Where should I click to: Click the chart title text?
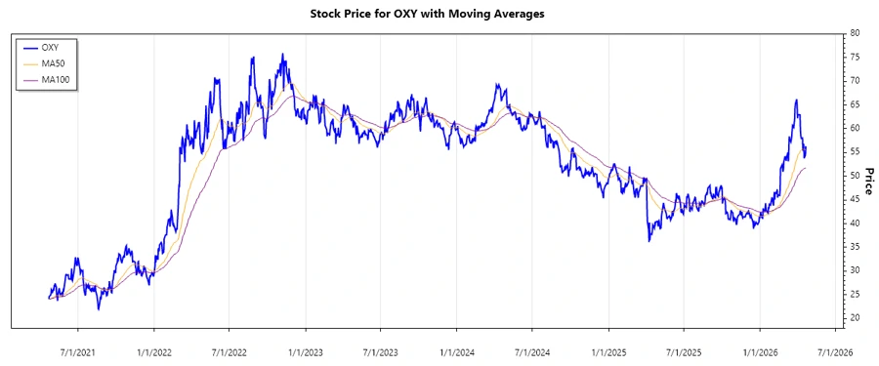coord(427,14)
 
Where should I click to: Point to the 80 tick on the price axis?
coord(855,33)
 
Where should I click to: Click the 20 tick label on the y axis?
coord(855,318)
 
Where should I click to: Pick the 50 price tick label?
coord(855,176)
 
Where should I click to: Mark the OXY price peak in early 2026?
coord(796,100)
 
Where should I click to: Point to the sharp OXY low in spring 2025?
coord(649,240)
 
